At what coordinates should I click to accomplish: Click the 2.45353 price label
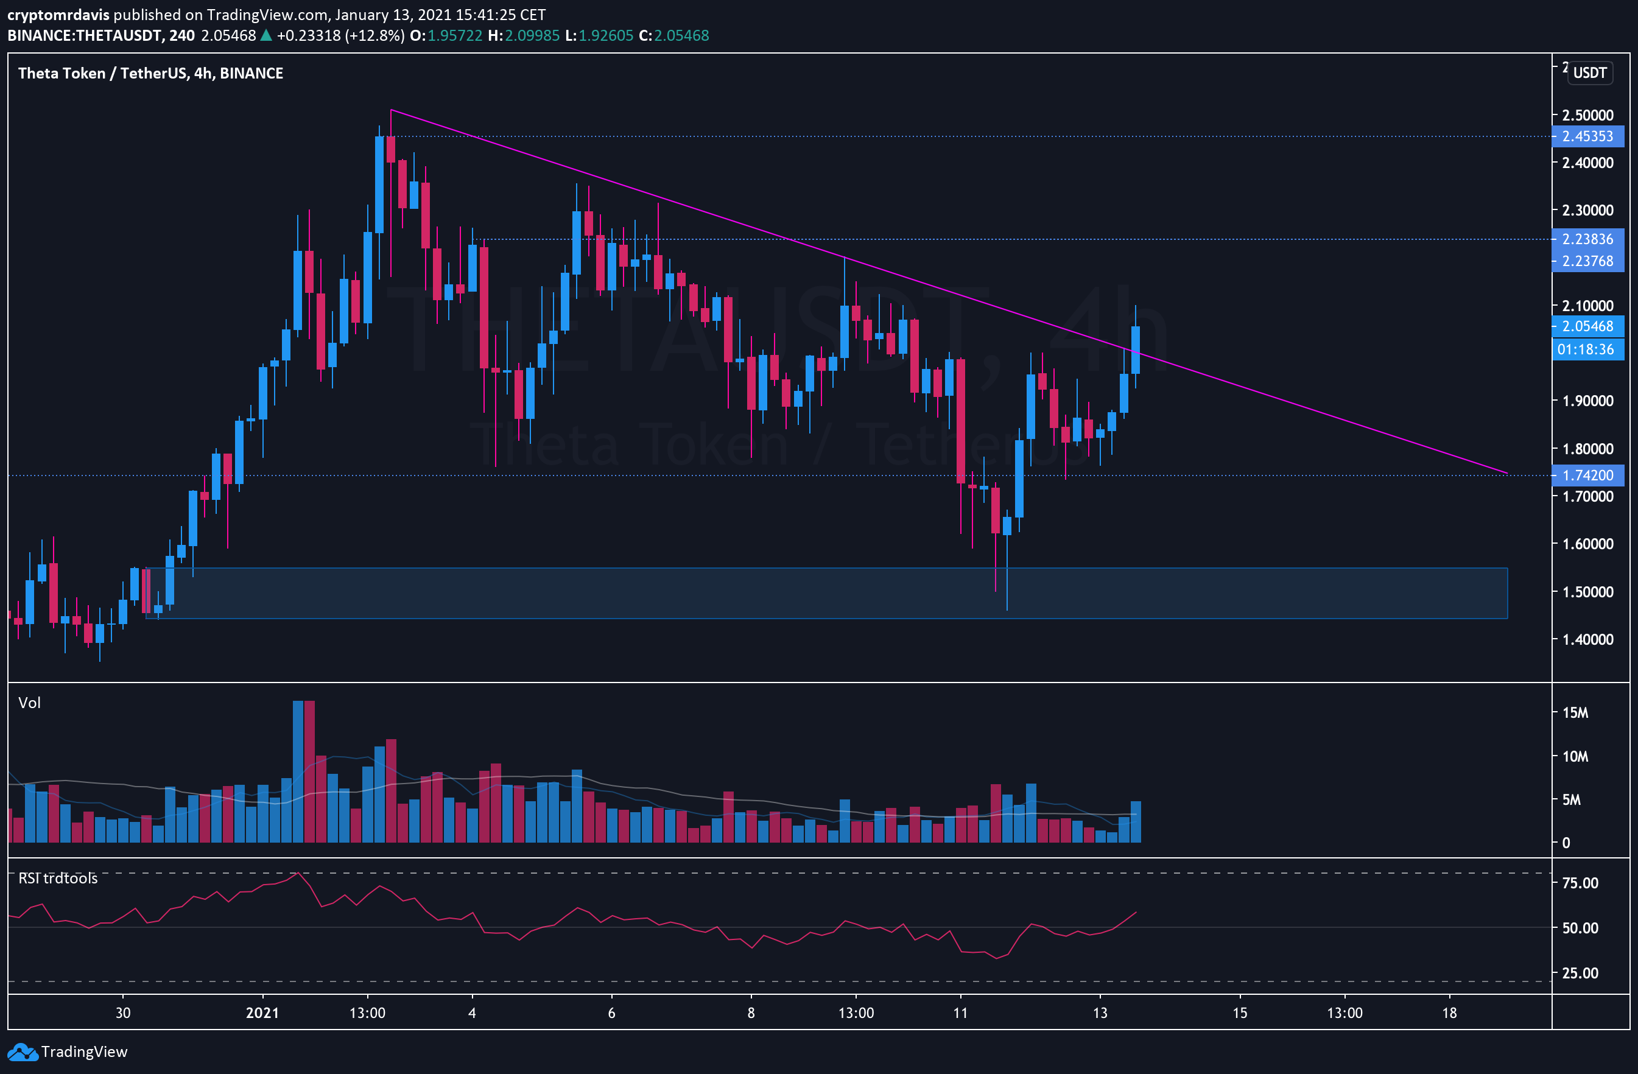coord(1587,136)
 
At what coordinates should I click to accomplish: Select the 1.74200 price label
coord(1587,476)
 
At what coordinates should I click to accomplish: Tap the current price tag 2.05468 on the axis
coord(1587,326)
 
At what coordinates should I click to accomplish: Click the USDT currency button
coord(1590,73)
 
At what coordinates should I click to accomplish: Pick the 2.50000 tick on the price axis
coord(1587,115)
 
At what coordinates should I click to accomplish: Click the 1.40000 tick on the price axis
coord(1587,639)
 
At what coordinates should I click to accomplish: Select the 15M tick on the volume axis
coord(1575,713)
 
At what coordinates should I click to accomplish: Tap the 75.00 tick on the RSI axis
coord(1580,883)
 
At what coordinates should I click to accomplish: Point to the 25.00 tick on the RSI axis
coord(1580,973)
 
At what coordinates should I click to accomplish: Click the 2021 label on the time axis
coord(262,1013)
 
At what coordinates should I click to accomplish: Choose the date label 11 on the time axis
coord(960,1013)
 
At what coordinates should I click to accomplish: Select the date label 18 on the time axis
coord(1449,1013)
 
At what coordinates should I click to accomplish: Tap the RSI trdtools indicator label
coord(58,878)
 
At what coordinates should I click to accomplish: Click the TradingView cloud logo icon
coord(22,1052)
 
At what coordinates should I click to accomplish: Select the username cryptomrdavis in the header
coord(58,15)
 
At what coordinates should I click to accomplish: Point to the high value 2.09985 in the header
coord(532,36)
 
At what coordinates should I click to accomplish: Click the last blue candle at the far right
coord(1136,349)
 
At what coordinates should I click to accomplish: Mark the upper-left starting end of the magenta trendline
coord(391,110)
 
